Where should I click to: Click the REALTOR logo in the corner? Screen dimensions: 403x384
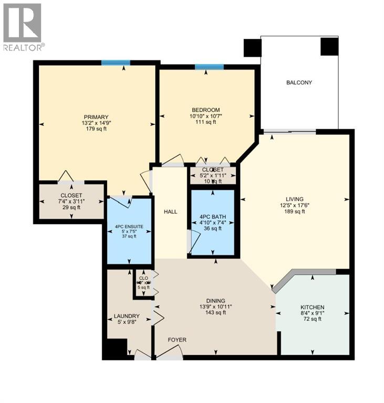(x=23, y=26)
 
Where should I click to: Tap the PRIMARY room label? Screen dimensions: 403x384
(x=96, y=117)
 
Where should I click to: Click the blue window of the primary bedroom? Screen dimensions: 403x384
(x=116, y=63)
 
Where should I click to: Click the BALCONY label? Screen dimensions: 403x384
(x=299, y=82)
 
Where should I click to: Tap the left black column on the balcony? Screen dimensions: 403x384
(x=252, y=48)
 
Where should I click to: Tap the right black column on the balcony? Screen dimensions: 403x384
(x=329, y=47)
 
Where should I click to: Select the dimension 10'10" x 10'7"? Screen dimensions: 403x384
(x=205, y=116)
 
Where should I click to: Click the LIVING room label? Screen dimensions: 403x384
(x=295, y=199)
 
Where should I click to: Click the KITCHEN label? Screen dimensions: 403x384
(x=312, y=307)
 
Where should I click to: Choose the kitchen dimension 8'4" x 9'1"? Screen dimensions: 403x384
(x=312, y=313)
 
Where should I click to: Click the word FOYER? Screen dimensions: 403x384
(x=177, y=340)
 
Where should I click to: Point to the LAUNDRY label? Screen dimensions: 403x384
(x=127, y=316)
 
